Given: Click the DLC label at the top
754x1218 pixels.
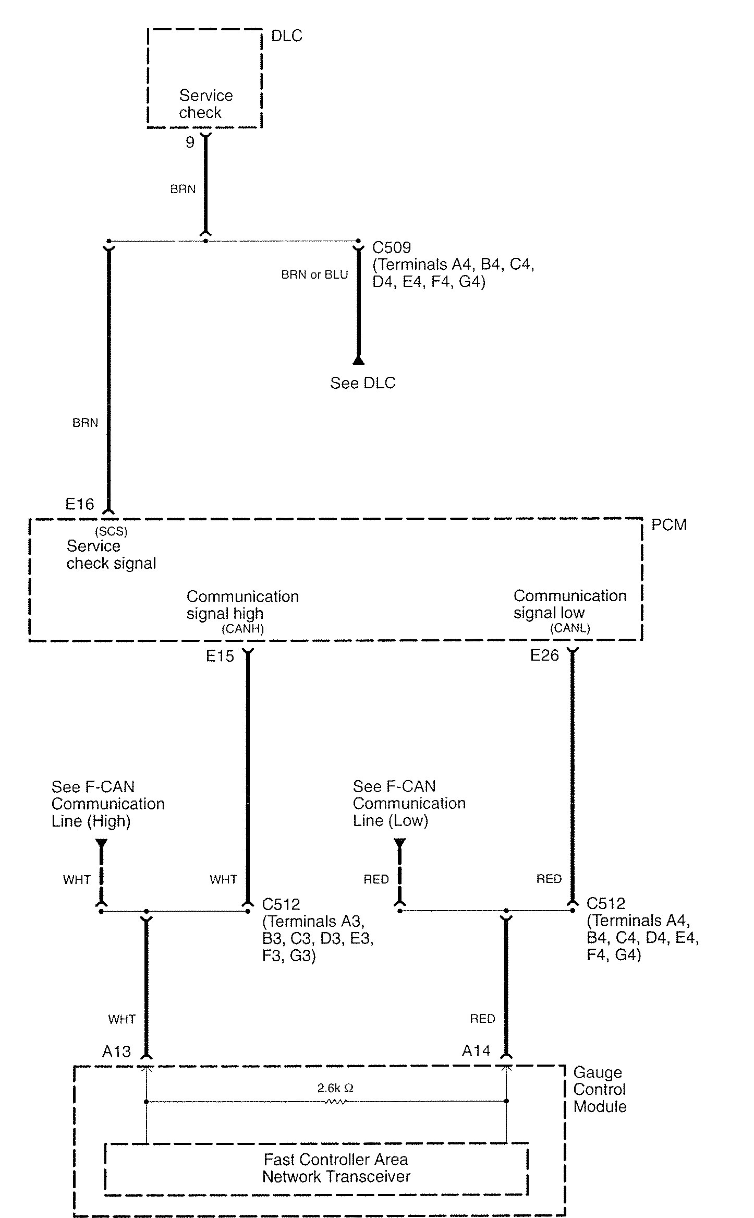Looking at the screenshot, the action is (x=287, y=35).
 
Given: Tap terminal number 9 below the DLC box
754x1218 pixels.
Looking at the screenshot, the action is (x=190, y=142).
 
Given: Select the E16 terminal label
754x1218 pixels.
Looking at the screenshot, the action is (x=80, y=504).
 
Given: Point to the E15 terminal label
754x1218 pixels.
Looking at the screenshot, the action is (x=220, y=656).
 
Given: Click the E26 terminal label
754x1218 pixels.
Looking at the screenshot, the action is (x=544, y=655).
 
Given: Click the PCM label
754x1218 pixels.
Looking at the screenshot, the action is (x=669, y=524).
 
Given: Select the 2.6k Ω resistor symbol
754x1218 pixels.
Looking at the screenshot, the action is (x=336, y=1102).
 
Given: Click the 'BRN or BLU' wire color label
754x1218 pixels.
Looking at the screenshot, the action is (x=314, y=274).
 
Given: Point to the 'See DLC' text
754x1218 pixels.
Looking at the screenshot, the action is (x=363, y=383).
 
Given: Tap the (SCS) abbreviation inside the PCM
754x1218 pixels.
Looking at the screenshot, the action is (x=111, y=532).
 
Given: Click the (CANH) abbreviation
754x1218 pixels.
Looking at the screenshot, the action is (x=243, y=629).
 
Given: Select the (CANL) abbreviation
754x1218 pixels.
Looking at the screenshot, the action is (x=570, y=628).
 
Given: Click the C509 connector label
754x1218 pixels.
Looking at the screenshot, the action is (x=392, y=247).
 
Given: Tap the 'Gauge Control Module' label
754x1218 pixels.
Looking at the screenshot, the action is (x=600, y=1089).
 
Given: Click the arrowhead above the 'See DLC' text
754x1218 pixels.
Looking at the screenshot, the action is (x=358, y=360).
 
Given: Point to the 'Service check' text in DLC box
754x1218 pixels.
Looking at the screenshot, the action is (x=205, y=104).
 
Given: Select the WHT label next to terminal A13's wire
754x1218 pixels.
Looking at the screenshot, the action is (x=122, y=1019).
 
